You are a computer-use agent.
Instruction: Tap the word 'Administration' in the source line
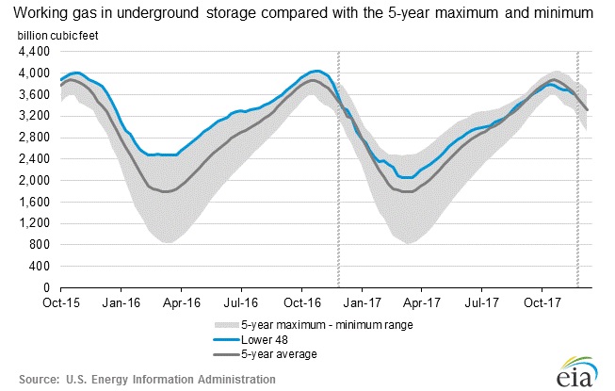[231, 379]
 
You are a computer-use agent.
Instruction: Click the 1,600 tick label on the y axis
[34, 202]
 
